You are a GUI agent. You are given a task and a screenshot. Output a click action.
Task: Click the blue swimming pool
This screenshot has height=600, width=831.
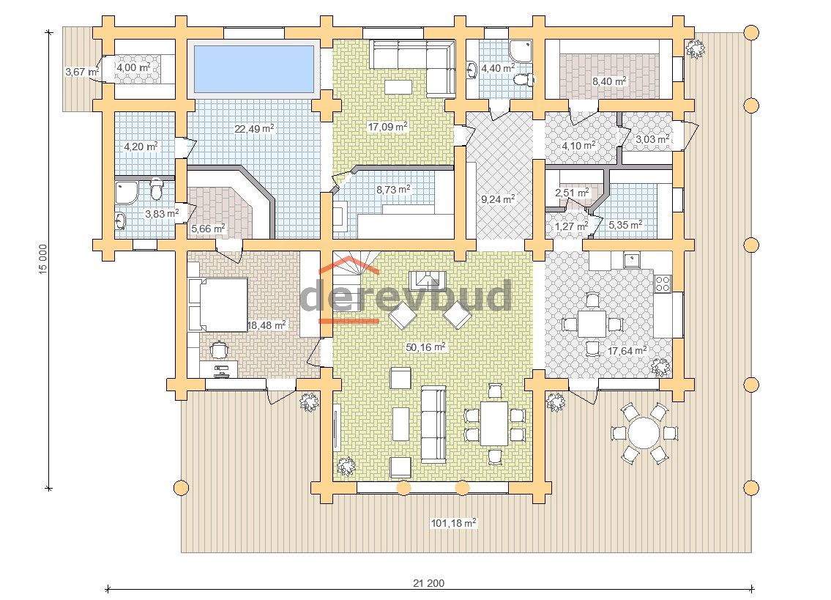click(254, 68)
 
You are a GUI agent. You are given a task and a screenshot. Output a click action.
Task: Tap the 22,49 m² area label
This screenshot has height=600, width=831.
click(254, 128)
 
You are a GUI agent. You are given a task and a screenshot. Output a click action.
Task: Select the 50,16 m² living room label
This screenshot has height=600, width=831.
click(425, 347)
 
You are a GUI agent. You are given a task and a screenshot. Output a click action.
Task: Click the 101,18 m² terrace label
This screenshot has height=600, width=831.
click(454, 523)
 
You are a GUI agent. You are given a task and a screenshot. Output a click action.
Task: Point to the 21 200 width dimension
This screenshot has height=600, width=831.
click(429, 583)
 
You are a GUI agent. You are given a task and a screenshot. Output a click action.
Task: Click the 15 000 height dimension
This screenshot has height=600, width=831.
click(43, 259)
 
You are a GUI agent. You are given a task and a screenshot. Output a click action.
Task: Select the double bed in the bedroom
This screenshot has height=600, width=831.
click(218, 305)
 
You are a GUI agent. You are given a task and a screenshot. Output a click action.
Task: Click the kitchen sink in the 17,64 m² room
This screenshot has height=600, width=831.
click(631, 260)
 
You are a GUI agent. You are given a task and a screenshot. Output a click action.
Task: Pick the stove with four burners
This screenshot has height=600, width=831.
click(663, 284)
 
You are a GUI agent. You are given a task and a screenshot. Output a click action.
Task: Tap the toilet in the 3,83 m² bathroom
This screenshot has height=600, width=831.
click(156, 190)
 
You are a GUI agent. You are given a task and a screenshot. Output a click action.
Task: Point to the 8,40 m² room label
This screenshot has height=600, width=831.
click(609, 81)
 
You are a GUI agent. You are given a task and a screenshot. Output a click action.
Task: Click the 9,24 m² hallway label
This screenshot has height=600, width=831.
click(498, 199)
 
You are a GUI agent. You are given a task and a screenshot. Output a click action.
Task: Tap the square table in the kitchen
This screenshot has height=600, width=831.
click(592, 324)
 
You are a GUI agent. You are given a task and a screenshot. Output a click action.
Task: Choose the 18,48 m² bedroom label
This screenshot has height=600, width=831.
click(267, 325)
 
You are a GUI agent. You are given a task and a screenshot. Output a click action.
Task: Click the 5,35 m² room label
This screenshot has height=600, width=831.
click(625, 225)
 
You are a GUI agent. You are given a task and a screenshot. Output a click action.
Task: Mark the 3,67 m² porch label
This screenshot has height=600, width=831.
click(82, 71)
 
